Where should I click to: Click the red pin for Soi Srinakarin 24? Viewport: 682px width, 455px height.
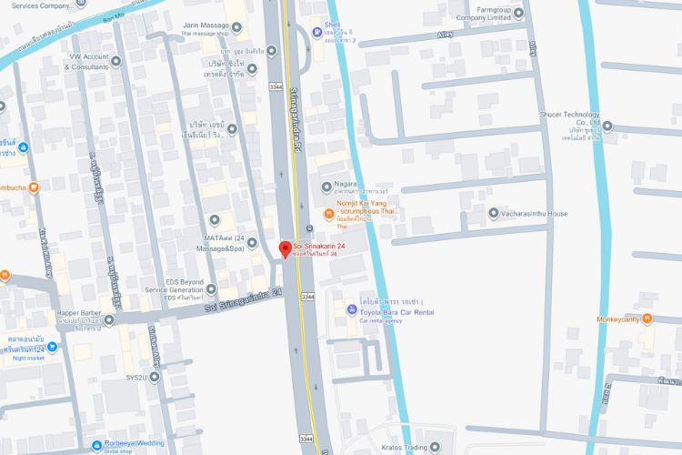pyautogui.click(x=285, y=248)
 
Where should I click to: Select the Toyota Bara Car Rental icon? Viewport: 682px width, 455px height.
pyautogui.click(x=350, y=310)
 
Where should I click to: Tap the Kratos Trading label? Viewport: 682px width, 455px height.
pyautogui.click(x=404, y=447)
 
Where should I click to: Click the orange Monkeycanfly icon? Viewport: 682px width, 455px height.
pyautogui.click(x=647, y=318)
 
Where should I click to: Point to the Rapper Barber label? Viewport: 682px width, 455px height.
pyautogui.click(x=79, y=314)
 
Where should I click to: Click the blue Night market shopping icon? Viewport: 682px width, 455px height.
pyautogui.click(x=52, y=347)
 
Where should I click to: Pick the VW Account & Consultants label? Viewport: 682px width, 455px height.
pyautogui.click(x=88, y=62)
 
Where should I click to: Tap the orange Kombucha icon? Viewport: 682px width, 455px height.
pyautogui.click(x=34, y=187)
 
